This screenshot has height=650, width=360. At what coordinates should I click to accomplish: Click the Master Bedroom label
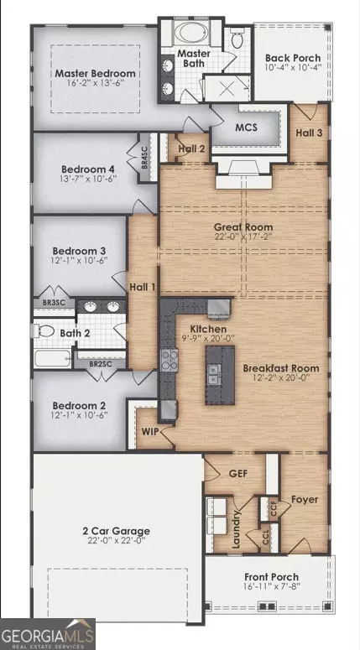[96, 73]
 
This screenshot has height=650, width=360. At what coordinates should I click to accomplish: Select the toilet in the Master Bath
[237, 39]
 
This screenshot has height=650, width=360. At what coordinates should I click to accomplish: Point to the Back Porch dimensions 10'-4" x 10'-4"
[293, 67]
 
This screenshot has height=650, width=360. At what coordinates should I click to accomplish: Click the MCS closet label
[247, 127]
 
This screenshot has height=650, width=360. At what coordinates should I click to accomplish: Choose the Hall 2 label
[191, 148]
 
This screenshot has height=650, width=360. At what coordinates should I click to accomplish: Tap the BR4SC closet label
[144, 157]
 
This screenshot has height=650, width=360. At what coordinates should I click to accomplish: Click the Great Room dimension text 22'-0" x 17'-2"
[243, 237]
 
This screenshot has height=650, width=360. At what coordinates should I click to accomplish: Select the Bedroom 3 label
[79, 251]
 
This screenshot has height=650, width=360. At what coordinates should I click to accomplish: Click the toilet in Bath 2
[44, 330]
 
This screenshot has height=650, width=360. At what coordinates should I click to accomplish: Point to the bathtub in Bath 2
[52, 359]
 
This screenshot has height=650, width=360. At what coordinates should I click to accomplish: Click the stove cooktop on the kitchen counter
[170, 360]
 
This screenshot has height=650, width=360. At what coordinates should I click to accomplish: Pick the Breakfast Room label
[281, 368]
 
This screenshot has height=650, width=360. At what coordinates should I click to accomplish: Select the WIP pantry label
[150, 432]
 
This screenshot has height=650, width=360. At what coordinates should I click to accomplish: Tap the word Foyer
[305, 500]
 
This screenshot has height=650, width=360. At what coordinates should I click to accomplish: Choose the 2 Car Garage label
[118, 531]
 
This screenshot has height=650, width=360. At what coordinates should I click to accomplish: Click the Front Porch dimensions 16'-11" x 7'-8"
[271, 586]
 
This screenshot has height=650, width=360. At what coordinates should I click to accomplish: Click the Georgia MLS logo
[48, 634]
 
